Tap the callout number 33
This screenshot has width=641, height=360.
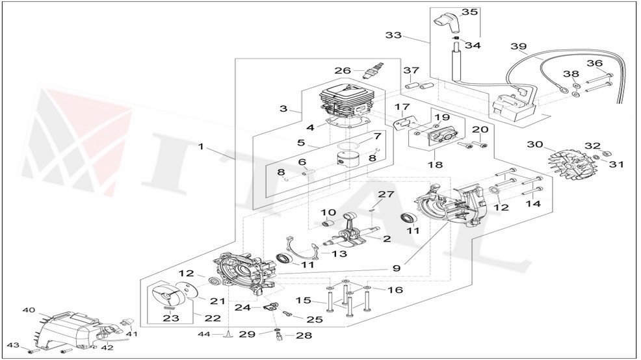pyautogui.click(x=393, y=35)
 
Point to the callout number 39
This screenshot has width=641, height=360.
pyautogui.click(x=518, y=47)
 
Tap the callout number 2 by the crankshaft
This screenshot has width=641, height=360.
pyautogui.click(x=386, y=239)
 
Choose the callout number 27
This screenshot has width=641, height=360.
pyautogui.click(x=386, y=194)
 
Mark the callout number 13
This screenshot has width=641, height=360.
pyautogui.click(x=339, y=254)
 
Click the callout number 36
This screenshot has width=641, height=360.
pyautogui.click(x=595, y=63)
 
